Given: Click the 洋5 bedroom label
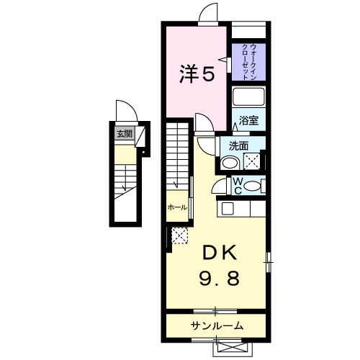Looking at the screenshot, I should (197, 74).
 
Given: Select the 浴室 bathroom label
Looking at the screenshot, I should (248, 120).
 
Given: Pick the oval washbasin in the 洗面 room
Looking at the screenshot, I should (228, 163).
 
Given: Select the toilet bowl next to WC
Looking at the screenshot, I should (252, 186).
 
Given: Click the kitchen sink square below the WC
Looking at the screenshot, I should (228, 209).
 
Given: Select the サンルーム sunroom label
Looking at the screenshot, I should (216, 326).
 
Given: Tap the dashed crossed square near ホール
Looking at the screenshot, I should (179, 235).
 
